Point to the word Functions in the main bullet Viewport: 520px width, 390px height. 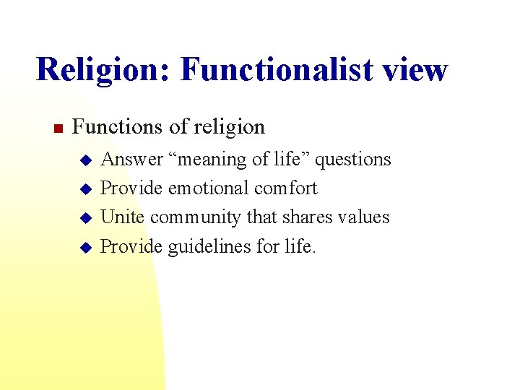click(x=118, y=127)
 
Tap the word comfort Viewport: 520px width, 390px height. click(x=286, y=188)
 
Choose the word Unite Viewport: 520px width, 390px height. click(x=122, y=217)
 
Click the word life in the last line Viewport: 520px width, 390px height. click(x=298, y=246)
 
